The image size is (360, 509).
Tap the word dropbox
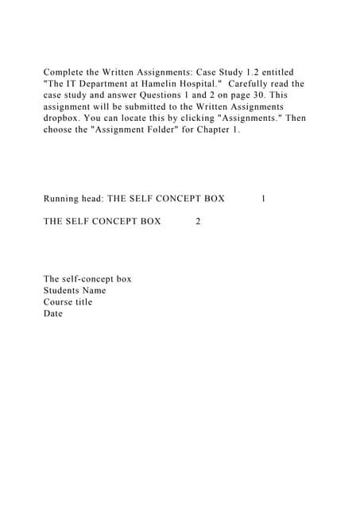tap(64, 118)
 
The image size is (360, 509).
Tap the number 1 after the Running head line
tap(263, 198)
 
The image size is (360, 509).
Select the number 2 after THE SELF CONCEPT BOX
tap(198, 221)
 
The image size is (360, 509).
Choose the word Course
tap(59, 302)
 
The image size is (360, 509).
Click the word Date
tap(53, 313)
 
